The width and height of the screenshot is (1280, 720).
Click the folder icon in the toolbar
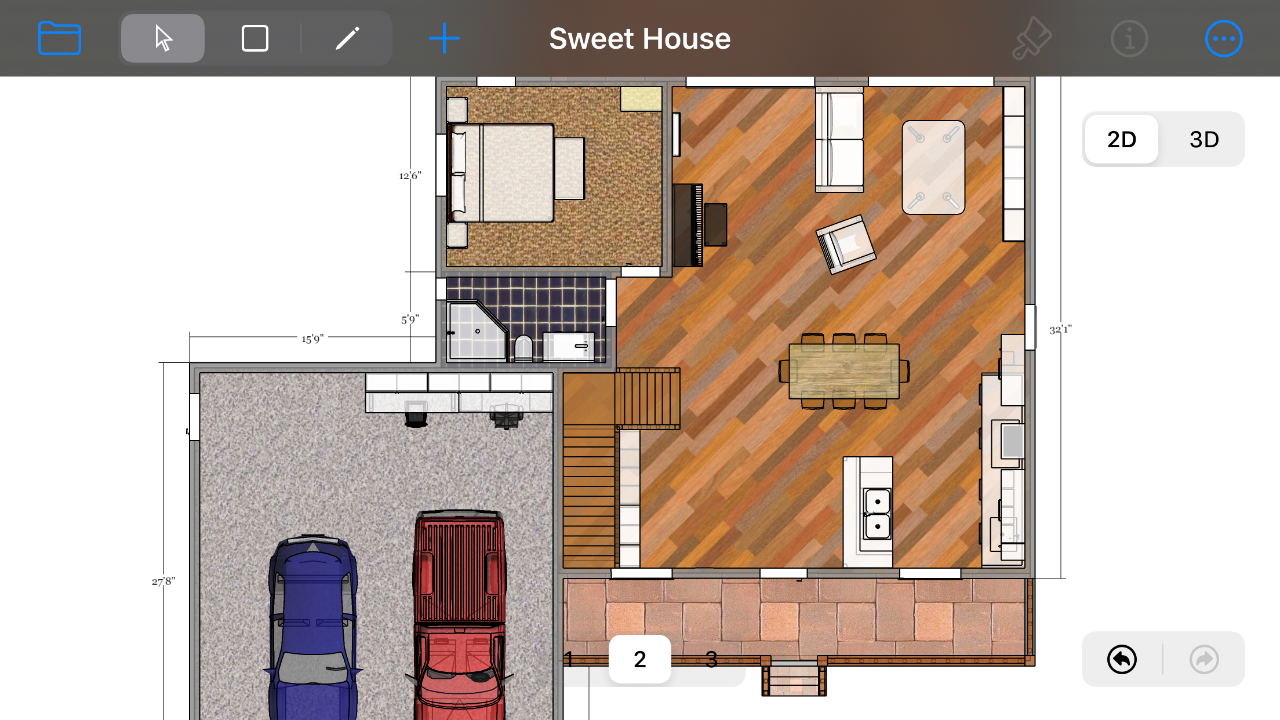tap(59, 38)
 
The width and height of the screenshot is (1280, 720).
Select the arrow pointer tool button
tap(163, 38)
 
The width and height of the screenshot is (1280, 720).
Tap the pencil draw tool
tap(347, 38)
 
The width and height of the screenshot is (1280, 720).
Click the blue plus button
tap(444, 38)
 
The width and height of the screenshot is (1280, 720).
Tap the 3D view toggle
tap(1204, 139)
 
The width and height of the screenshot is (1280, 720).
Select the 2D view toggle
tap(1121, 139)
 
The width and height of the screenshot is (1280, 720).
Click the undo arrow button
tap(1122, 659)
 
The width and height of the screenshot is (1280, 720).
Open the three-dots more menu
tap(1224, 38)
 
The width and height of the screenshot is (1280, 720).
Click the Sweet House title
tap(639, 38)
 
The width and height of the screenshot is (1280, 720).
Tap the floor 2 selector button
tap(639, 659)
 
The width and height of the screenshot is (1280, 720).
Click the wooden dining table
tap(844, 371)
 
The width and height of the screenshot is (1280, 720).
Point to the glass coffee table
tap(933, 168)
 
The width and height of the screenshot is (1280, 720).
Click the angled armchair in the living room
tap(846, 244)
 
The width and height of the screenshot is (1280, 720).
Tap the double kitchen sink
tap(877, 514)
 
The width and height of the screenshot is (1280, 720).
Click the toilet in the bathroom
tap(523, 348)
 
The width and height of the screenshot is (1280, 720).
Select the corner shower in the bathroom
tap(477, 330)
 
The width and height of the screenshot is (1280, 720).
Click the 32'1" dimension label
tap(1061, 329)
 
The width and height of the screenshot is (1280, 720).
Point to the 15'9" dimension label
tap(312, 339)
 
